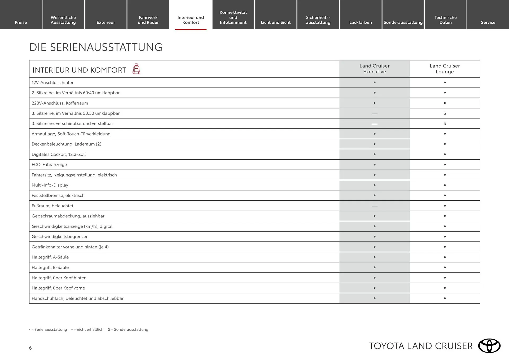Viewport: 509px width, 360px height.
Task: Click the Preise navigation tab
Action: click(x=21, y=22)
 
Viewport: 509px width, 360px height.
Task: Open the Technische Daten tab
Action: click(x=445, y=20)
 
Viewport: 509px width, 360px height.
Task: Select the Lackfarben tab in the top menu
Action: click(x=361, y=22)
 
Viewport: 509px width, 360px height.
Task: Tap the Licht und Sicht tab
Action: click(x=275, y=22)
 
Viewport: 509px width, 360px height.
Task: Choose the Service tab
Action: click(x=488, y=22)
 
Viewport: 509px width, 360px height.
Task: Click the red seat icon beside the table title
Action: click(x=136, y=69)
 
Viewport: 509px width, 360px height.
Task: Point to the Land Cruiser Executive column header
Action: click(x=374, y=69)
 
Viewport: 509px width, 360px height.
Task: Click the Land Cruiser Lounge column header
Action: click(x=445, y=69)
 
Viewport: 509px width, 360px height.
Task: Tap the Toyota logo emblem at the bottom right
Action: click(x=489, y=346)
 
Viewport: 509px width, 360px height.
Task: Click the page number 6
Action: click(x=30, y=348)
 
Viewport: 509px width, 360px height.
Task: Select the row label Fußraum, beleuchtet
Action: click(x=52, y=206)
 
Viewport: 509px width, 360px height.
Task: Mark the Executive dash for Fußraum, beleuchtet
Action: click(x=374, y=206)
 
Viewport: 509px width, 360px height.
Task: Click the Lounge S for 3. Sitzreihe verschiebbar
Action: click(x=445, y=124)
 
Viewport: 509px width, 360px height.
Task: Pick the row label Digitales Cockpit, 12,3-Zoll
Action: click(x=59, y=154)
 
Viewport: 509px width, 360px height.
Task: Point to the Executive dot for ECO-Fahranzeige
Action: click(x=374, y=165)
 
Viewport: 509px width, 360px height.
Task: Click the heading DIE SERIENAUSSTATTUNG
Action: click(x=96, y=47)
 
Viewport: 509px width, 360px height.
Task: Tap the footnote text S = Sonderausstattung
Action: click(x=128, y=330)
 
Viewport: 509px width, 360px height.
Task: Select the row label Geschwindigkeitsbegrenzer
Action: click(x=60, y=236)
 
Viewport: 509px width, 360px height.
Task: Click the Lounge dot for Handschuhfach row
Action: click(x=445, y=298)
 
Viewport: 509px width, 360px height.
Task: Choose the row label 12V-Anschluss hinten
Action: click(x=53, y=82)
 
